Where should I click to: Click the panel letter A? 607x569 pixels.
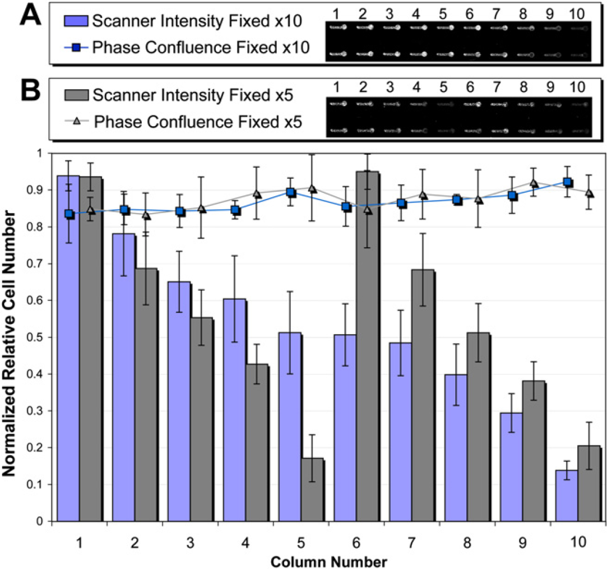[x=31, y=15]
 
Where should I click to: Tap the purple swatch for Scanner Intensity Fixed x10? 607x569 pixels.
[x=76, y=21]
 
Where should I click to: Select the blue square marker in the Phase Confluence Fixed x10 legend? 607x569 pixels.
[x=76, y=48]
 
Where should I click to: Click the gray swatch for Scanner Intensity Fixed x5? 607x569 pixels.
[x=76, y=95]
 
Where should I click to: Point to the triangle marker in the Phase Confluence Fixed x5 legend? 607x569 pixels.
[x=77, y=122]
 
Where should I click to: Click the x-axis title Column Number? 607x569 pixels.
[x=328, y=562]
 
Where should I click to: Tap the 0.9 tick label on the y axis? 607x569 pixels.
[x=35, y=190]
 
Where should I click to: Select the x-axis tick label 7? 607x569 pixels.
[x=411, y=542]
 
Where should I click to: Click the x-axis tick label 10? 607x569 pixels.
[x=578, y=542]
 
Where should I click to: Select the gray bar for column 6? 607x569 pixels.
[x=368, y=346]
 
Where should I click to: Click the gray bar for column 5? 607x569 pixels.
[x=312, y=489]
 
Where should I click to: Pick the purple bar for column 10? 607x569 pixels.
[x=567, y=496]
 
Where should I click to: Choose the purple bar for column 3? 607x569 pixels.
[x=179, y=401]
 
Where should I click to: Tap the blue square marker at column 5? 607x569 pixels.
[x=291, y=192]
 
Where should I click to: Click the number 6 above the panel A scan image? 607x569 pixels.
[x=470, y=14]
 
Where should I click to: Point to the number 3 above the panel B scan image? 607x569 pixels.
[x=390, y=87]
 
